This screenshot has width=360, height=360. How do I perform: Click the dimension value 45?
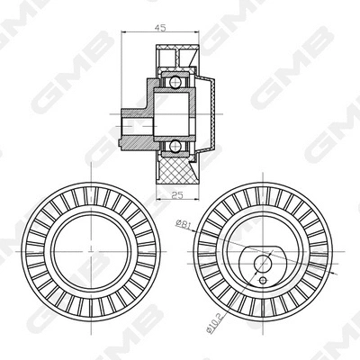[x=160, y=28]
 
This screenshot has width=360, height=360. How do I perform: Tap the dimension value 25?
[x=177, y=195]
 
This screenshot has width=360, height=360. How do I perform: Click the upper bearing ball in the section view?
[x=174, y=81]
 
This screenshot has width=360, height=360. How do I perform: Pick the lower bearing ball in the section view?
[x=174, y=147]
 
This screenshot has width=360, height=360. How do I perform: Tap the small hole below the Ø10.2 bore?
[x=263, y=281]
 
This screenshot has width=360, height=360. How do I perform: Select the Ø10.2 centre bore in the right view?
[x=263, y=264]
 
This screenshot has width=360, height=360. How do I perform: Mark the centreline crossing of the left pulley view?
[x=92, y=251]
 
